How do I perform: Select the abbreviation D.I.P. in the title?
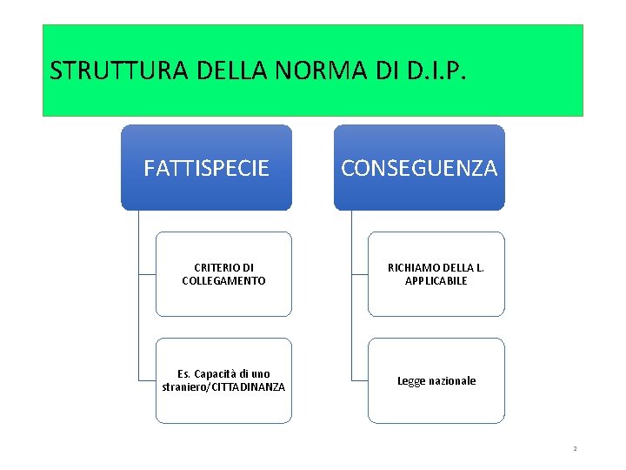(x=435, y=70)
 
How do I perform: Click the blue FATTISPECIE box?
(x=206, y=168)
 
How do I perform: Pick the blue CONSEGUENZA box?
(x=419, y=168)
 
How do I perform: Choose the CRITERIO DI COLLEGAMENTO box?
(x=223, y=274)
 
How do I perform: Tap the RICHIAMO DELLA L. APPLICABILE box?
(x=436, y=274)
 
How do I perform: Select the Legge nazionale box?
(x=436, y=380)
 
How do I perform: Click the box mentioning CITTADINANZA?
(x=223, y=380)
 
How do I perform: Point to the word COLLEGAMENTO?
(x=223, y=281)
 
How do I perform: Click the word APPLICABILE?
(x=436, y=281)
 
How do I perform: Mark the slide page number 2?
(x=575, y=448)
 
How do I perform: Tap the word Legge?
(x=410, y=381)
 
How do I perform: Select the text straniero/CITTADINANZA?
(x=223, y=386)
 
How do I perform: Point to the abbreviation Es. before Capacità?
(x=183, y=374)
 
